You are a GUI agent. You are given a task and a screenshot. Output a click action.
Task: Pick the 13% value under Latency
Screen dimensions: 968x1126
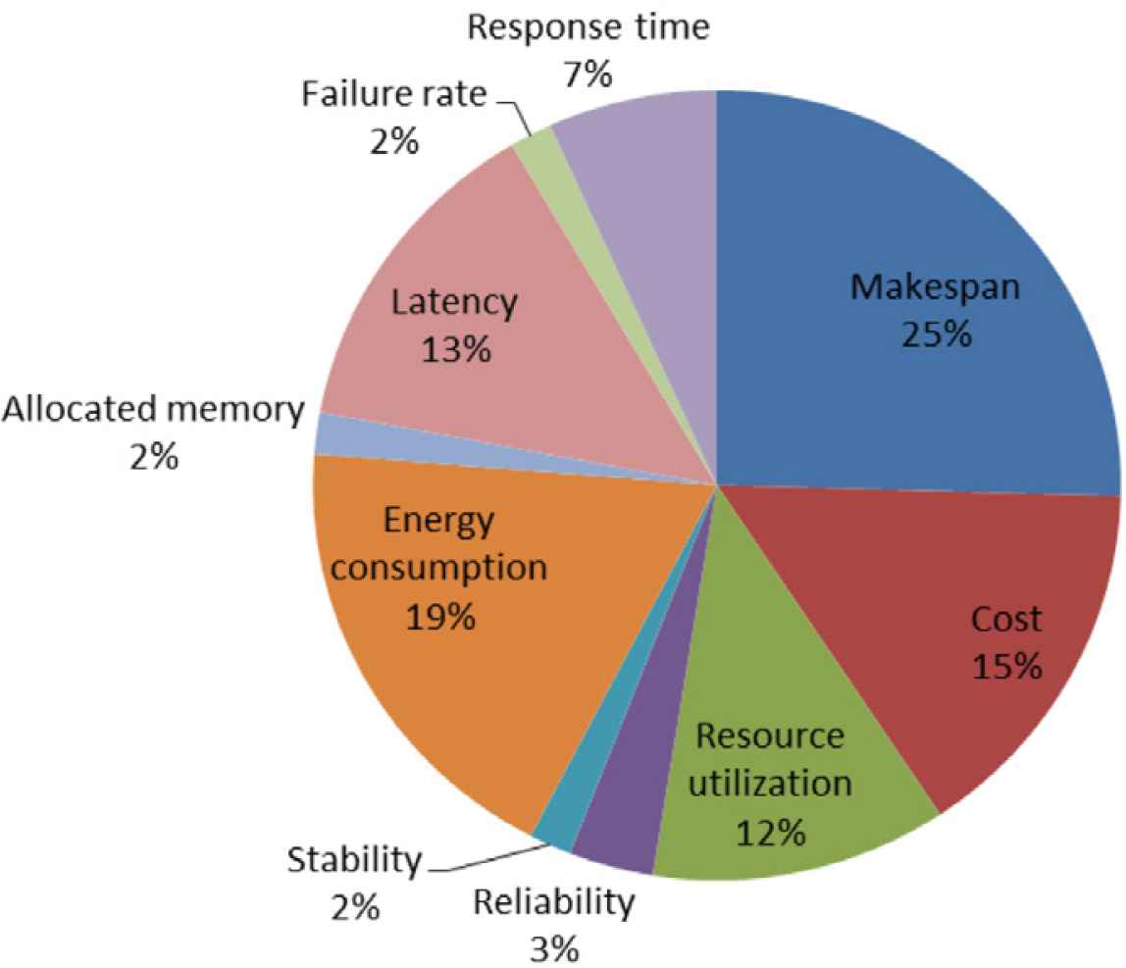[x=453, y=350]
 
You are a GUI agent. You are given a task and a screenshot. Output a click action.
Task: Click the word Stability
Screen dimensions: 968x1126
[x=353, y=862]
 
